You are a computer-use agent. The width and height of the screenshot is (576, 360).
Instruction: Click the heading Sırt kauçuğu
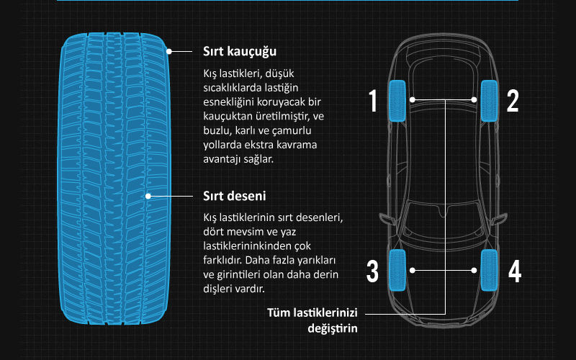(x=240, y=51)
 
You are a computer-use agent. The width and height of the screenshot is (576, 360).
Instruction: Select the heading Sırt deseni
(x=235, y=196)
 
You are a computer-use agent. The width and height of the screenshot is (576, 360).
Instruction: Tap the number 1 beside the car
(x=373, y=101)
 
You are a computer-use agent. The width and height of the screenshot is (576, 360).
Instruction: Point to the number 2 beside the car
(x=513, y=101)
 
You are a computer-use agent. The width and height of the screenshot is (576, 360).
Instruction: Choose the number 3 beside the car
(x=372, y=271)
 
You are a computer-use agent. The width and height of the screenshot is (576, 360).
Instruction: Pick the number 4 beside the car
(x=515, y=271)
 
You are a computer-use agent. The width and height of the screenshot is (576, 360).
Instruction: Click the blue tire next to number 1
(x=397, y=101)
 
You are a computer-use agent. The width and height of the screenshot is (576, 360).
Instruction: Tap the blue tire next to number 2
(x=490, y=101)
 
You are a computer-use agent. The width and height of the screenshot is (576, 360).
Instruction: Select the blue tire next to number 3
(x=397, y=270)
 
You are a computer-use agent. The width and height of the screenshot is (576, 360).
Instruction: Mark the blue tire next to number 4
(x=490, y=270)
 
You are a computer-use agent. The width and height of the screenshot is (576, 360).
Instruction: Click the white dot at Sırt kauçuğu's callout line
(x=169, y=51)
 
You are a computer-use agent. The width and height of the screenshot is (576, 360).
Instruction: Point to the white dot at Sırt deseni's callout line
(x=148, y=196)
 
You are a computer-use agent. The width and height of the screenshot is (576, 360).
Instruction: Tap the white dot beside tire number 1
(x=413, y=99)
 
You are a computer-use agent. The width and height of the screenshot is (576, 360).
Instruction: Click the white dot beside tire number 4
(x=474, y=271)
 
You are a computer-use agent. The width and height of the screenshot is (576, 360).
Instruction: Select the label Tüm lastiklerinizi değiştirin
(x=312, y=320)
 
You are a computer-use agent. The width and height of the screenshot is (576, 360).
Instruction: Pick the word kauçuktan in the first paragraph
(x=227, y=116)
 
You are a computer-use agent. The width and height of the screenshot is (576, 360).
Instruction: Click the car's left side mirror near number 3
(x=387, y=219)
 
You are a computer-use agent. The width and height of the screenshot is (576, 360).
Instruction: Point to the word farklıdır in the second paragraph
(x=222, y=260)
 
